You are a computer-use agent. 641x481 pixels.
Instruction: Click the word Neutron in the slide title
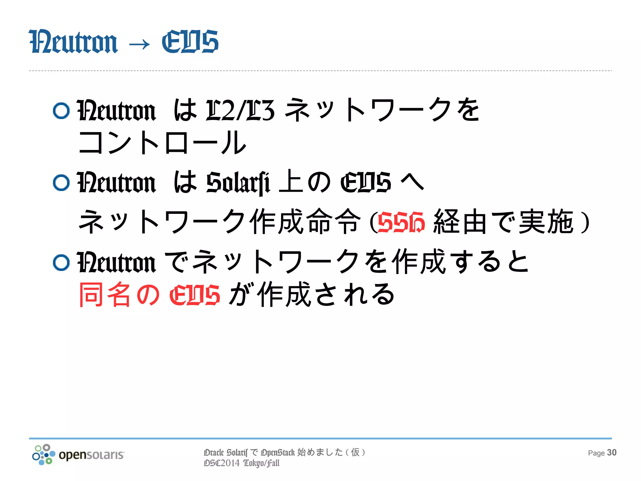tap(73, 42)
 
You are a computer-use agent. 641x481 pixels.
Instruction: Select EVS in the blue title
tap(190, 42)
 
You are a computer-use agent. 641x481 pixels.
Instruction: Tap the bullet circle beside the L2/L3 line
tap(61, 111)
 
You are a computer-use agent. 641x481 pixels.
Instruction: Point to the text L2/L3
tap(240, 110)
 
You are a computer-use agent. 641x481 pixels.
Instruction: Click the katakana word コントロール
tap(162, 143)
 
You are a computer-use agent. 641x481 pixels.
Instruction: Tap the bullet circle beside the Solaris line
tap(61, 183)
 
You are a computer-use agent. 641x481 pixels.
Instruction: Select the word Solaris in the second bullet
tap(238, 183)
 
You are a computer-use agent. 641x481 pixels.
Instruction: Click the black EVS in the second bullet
tap(366, 183)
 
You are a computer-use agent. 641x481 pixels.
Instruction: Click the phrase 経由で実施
tap(503, 222)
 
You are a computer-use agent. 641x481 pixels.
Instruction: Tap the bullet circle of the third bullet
tap(61, 262)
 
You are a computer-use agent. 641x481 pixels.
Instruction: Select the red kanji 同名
tap(105, 294)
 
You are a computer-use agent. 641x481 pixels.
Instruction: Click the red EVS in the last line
tap(194, 295)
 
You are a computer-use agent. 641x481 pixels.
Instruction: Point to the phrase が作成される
tap(311, 294)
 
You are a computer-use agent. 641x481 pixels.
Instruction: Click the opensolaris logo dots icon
tap(44, 454)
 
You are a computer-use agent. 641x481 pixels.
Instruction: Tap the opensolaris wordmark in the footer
tap(91, 455)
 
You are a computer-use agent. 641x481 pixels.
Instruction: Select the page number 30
tap(612, 453)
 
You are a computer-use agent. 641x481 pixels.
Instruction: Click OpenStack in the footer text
tap(278, 453)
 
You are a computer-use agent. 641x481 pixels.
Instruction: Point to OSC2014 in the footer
tap(222, 463)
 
